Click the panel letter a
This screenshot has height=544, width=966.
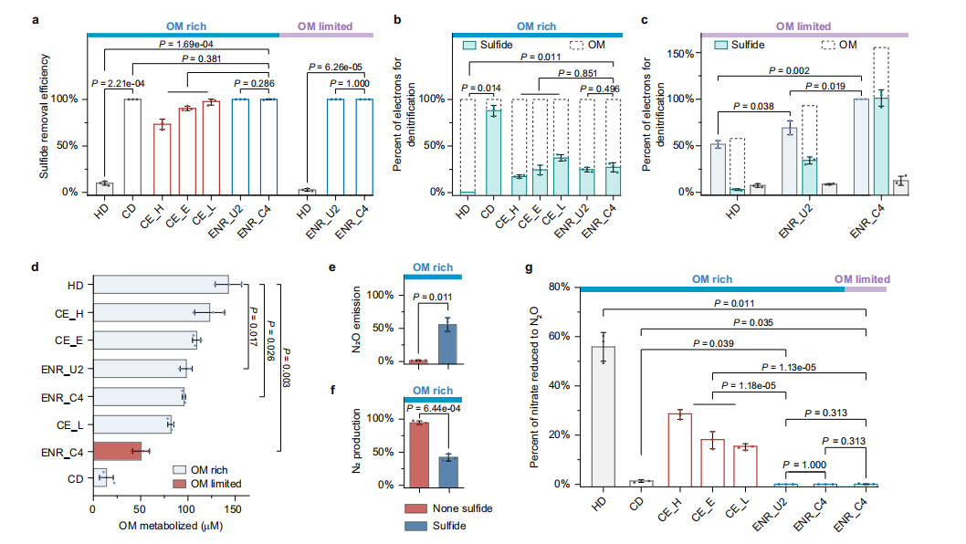point(36,16)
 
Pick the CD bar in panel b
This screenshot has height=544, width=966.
point(493,152)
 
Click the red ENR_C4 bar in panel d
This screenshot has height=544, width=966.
point(117,451)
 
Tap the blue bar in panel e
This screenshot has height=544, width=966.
point(448,343)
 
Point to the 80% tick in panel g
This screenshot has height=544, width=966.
point(560,287)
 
